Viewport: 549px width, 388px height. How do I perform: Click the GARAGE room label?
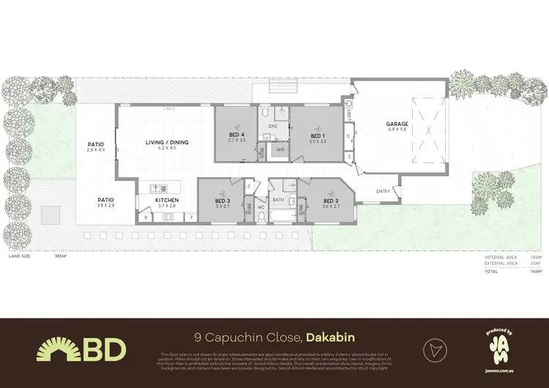(397, 124)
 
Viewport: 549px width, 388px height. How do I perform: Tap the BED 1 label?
(317, 135)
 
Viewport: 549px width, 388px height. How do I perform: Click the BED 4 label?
(237, 135)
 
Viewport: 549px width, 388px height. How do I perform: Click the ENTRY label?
(383, 191)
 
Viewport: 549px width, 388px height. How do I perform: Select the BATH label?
(278, 199)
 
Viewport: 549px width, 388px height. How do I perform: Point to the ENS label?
(272, 127)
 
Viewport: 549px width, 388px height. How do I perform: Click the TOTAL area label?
(490, 271)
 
